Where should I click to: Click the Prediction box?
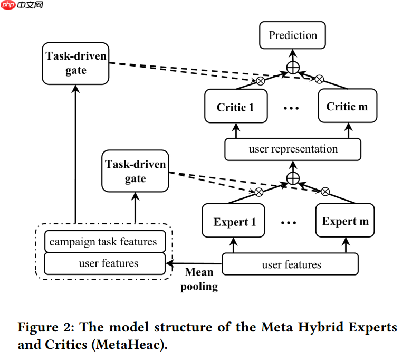293,36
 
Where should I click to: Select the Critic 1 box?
235,107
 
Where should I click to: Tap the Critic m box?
347,107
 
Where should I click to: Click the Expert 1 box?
235,222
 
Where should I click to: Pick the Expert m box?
345,221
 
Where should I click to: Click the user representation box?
293,149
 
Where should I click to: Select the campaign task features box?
104,242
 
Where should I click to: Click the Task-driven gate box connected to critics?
76,63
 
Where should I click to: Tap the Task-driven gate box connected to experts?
135,172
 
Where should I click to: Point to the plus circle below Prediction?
293,67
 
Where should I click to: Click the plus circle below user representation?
293,178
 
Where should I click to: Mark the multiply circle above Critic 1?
260,81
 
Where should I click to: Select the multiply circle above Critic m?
319,80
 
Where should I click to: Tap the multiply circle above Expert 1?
259,192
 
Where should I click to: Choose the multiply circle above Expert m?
325,191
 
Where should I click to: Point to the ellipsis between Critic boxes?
291,108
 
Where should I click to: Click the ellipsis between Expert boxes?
289,223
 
